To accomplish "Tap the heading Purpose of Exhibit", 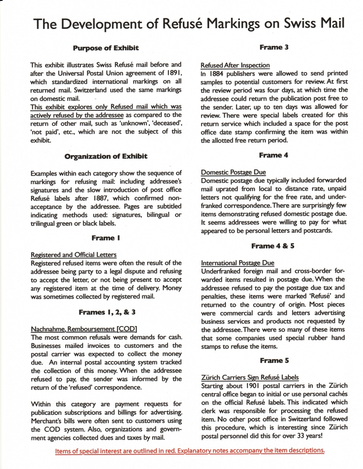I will pos(106,48).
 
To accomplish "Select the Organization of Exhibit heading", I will pos(106,156).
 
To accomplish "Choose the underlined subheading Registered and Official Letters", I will pos(74,255).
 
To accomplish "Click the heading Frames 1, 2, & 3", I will pos(107,312).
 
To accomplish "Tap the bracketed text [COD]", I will pos(127,329).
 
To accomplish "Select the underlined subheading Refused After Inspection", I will pos(235,65).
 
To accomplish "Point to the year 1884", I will pos(217,73).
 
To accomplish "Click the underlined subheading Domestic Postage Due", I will pos(233,172).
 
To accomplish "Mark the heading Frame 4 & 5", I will pos(273,246).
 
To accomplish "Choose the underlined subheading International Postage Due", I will pos(237,263).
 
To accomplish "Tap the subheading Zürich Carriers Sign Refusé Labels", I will pos(249,377).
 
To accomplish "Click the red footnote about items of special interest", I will pos(190,450).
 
